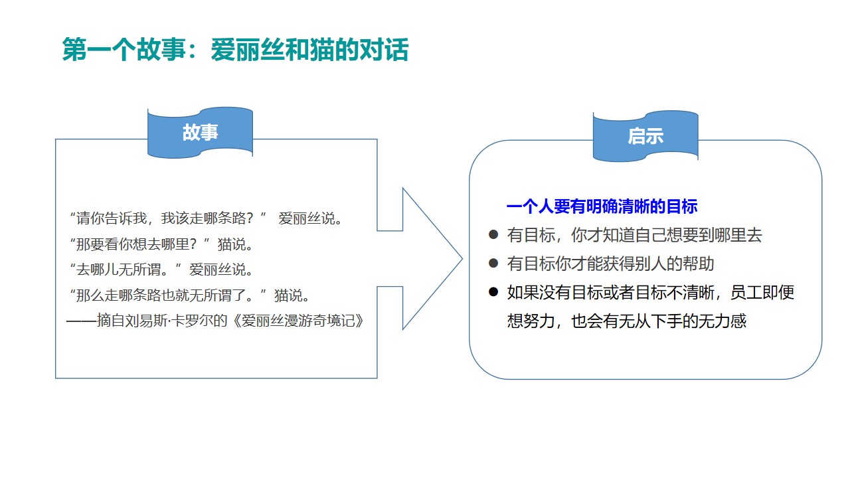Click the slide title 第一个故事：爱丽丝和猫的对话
[235, 50]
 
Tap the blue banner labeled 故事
[200, 133]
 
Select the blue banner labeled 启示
[645, 136]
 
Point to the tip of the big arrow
[461, 259]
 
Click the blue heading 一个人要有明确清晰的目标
[602, 207]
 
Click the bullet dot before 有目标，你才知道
[493, 235]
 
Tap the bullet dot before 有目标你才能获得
[493, 264]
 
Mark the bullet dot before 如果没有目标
[493, 292]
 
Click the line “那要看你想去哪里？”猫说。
[161, 244]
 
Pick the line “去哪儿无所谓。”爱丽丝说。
[161, 270]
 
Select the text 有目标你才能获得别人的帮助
[610, 264]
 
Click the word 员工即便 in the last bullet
[762, 292]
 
